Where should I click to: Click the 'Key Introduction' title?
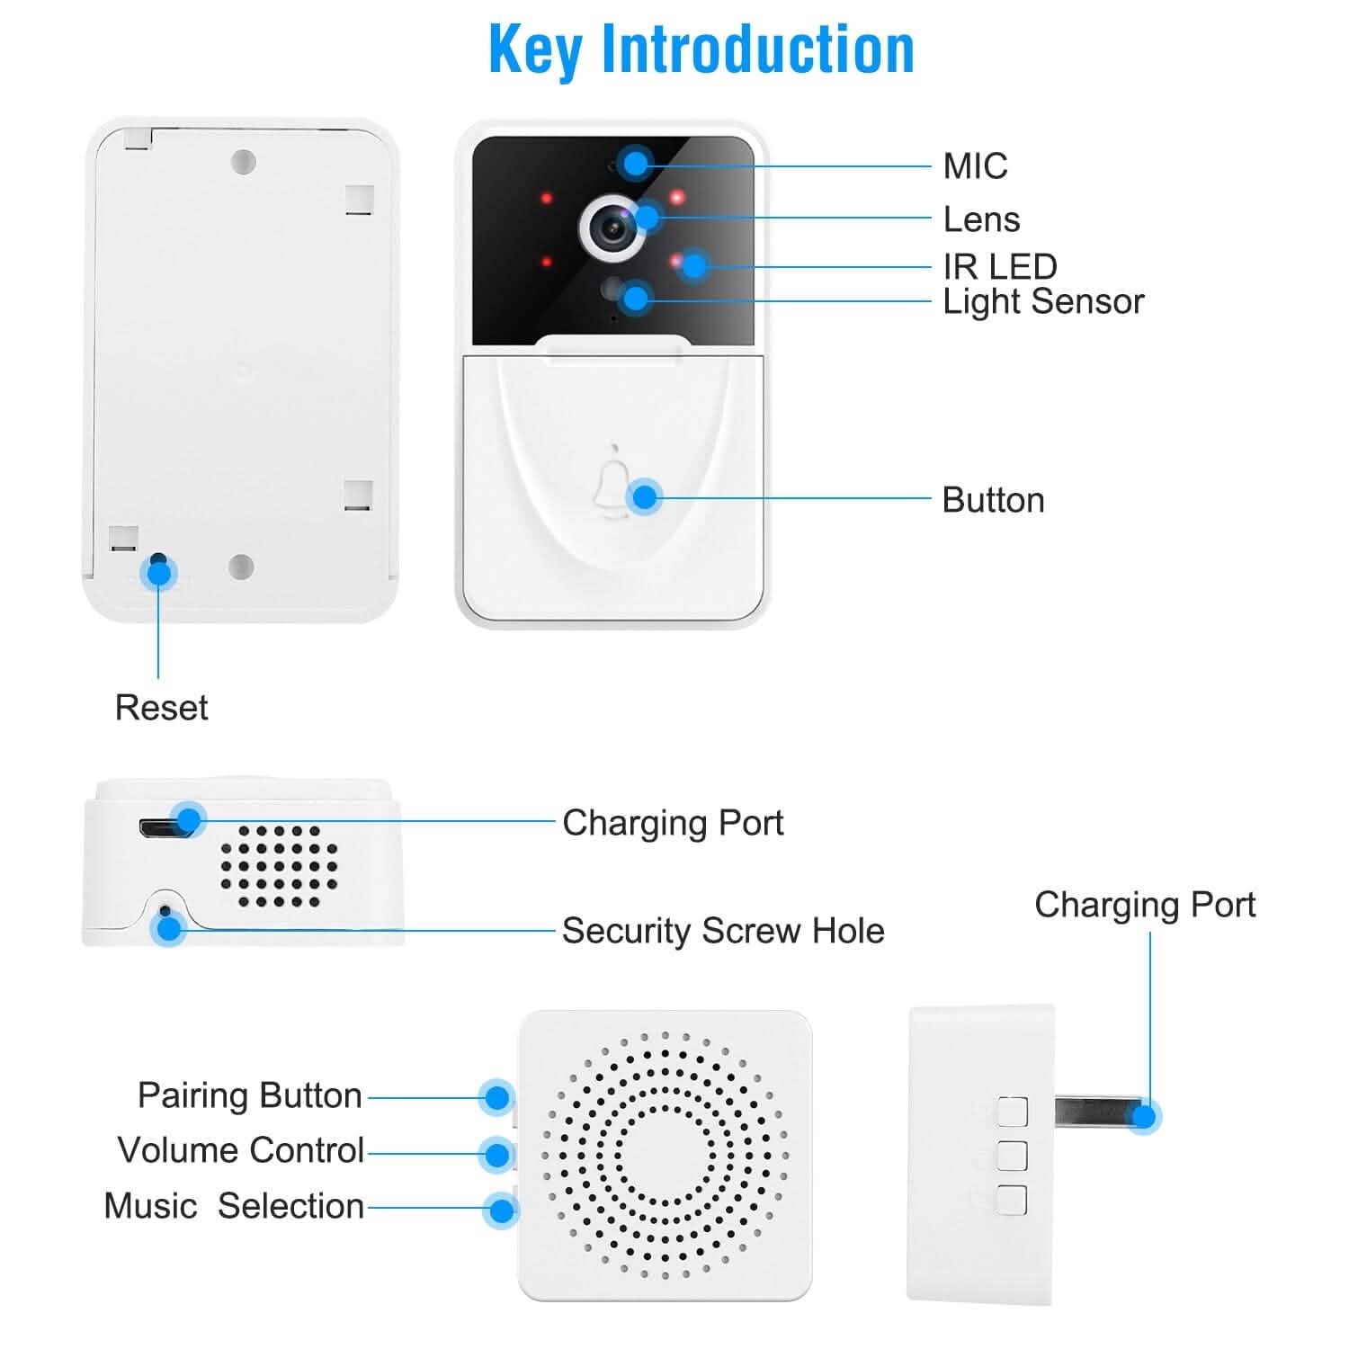(701, 50)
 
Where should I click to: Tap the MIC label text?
(975, 166)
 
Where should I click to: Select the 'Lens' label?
(981, 219)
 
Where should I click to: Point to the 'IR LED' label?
(999, 266)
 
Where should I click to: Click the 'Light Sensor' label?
(1042, 301)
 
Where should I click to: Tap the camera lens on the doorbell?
(614, 227)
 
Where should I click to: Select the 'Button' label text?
(993, 500)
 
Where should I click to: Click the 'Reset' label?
(161, 708)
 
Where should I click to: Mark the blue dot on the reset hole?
(159, 573)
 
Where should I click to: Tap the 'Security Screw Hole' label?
(722, 931)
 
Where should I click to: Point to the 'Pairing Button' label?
(249, 1095)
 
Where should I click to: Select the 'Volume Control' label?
(240, 1150)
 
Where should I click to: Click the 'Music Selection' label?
(234, 1206)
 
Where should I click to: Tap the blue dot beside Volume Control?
(497, 1154)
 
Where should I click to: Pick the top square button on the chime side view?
(1012, 1112)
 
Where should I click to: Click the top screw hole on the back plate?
(243, 163)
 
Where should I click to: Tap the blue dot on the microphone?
(636, 164)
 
